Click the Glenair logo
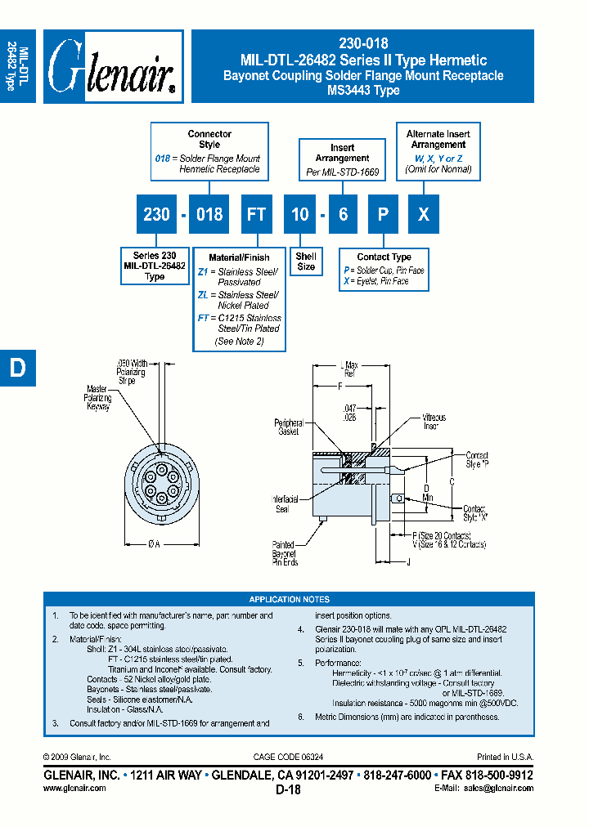pos(113,66)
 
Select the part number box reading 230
pos(156,214)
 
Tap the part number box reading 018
pos(209,214)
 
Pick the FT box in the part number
pos(256,214)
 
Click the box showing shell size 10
pos(300,214)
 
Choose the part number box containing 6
pos(343,214)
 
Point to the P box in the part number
pos(384,214)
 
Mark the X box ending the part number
pos(423,214)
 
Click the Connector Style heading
pos(209,139)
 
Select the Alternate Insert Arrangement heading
pos(438,139)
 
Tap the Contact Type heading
pos(384,257)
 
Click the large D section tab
pos(17,369)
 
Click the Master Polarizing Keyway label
pos(98,398)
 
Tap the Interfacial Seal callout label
pos(286,503)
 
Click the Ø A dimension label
pos(155,543)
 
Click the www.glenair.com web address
pos(74,789)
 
